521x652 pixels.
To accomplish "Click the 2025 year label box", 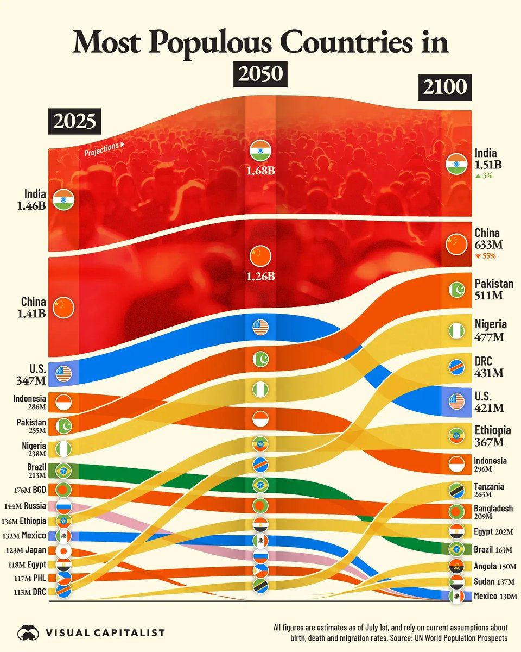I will tap(75, 122).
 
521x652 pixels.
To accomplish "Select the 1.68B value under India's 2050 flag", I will tap(260, 171).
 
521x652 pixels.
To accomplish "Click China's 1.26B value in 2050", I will tap(260, 276).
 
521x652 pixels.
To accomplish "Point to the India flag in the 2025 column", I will tap(63, 199).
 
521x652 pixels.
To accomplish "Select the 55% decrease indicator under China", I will tap(486, 256).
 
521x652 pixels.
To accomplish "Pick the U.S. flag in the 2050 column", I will tap(260, 327).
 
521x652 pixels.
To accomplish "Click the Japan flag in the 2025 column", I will tap(63, 550).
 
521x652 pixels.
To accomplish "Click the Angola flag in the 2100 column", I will tap(456, 566).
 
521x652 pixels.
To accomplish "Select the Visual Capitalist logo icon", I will tap(28, 632).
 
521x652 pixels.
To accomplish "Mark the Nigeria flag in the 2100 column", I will tap(456, 330).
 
